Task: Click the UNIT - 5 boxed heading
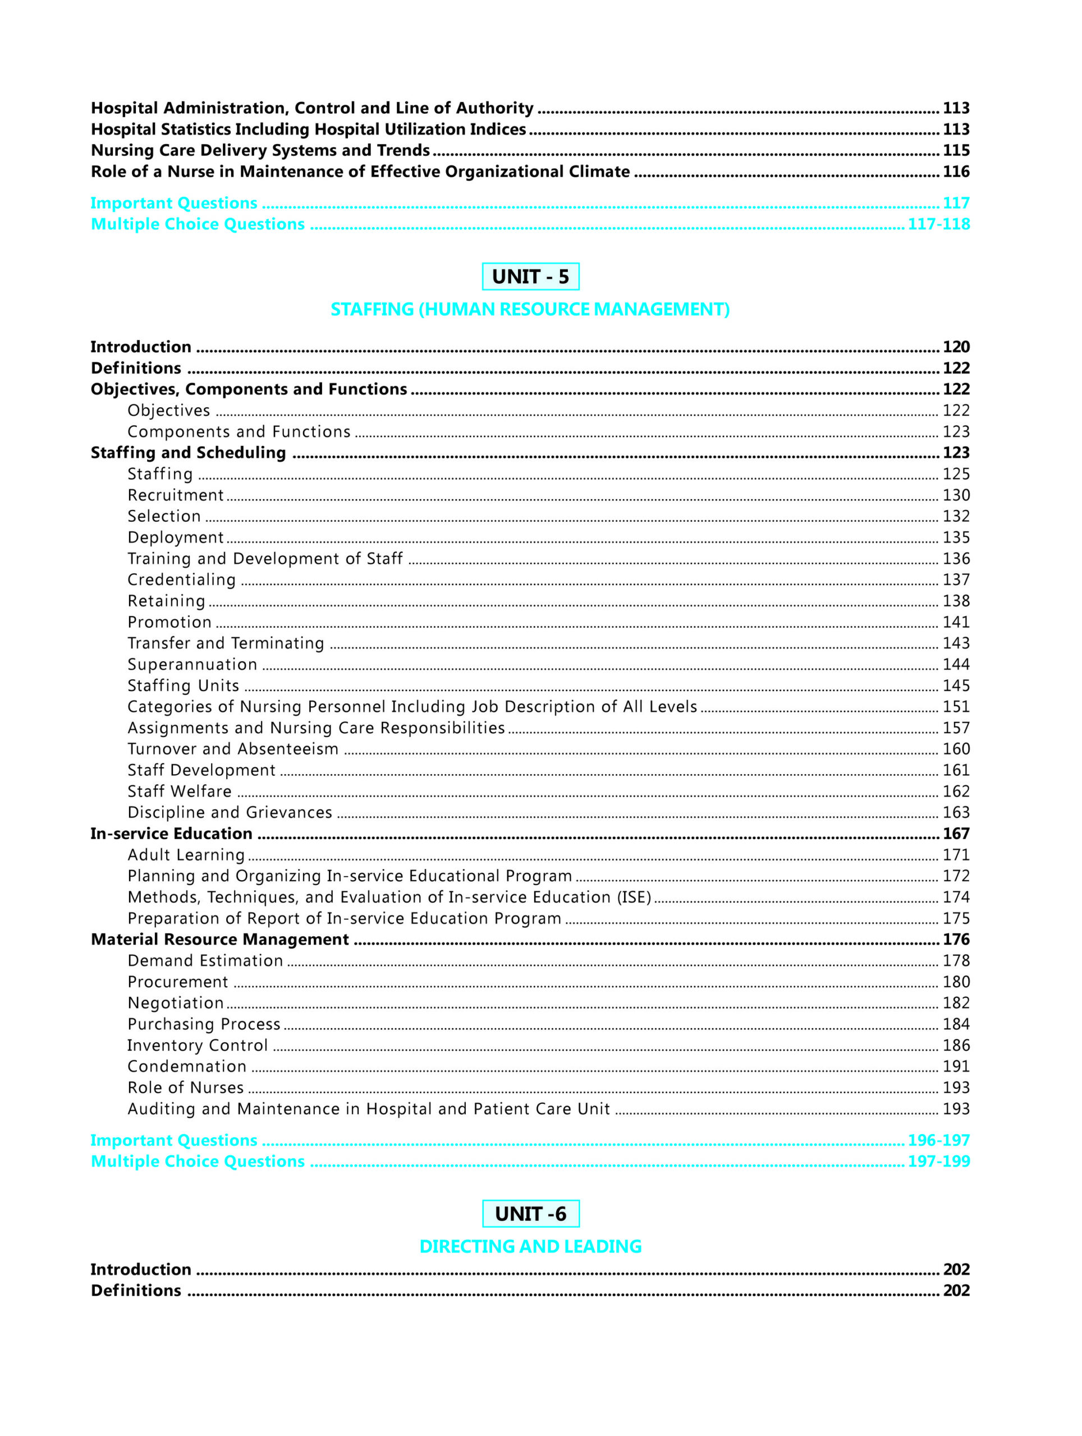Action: pyautogui.click(x=530, y=277)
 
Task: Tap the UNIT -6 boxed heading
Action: pyautogui.click(x=530, y=1213)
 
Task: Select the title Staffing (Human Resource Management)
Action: pyautogui.click(x=530, y=309)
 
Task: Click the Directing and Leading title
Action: pyautogui.click(x=530, y=1246)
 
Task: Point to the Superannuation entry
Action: pyautogui.click(x=192, y=664)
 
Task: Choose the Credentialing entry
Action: pyautogui.click(x=181, y=579)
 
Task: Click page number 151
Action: pyautogui.click(x=956, y=706)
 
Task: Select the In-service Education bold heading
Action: pyautogui.click(x=172, y=834)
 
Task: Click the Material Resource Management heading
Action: pyautogui.click(x=219, y=940)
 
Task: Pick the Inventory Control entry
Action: pyautogui.click(x=198, y=1045)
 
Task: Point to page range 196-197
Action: pyautogui.click(x=938, y=1140)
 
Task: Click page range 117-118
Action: pyautogui.click(x=938, y=224)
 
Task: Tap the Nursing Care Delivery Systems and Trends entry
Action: pyautogui.click(x=260, y=150)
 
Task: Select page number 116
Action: pyautogui.click(x=956, y=172)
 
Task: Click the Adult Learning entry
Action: pyautogui.click(x=186, y=855)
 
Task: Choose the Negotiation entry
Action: pyautogui.click(x=175, y=1003)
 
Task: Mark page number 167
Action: pyautogui.click(x=956, y=834)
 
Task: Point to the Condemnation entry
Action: pyautogui.click(x=187, y=1066)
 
